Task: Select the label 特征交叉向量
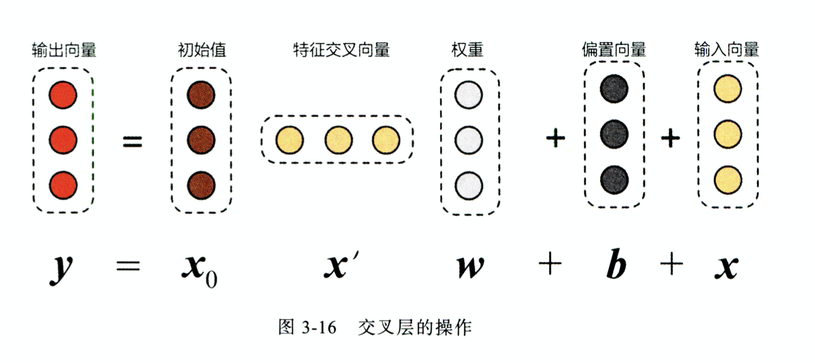click(x=341, y=50)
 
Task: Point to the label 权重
click(x=467, y=50)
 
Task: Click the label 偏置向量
click(x=614, y=50)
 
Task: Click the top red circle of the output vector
click(x=63, y=95)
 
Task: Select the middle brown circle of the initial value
click(x=201, y=140)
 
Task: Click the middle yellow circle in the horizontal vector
click(x=338, y=140)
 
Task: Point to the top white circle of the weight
click(x=468, y=95)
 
